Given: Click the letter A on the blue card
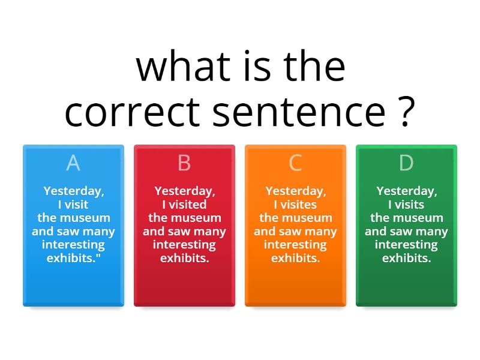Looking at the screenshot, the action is coord(73,163).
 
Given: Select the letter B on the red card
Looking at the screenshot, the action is coord(184,163).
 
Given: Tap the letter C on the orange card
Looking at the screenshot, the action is coord(295,163).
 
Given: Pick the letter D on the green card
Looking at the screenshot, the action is coord(406,163).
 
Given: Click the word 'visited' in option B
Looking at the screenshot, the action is coord(188,205).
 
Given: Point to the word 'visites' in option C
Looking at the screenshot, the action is coord(298,205).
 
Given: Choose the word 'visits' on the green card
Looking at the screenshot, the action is coord(409,205).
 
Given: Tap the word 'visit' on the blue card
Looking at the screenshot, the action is coord(77,205).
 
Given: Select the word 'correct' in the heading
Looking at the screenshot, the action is coord(132,112).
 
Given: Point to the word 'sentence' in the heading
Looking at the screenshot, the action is coord(299,112).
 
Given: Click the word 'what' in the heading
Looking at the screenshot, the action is coord(183,67).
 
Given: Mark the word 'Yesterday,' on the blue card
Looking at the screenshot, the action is coord(74,191).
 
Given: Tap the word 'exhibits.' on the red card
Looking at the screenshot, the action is coord(185,258).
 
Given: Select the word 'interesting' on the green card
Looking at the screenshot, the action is coord(406,245).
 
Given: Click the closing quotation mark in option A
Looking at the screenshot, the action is coord(98,255).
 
